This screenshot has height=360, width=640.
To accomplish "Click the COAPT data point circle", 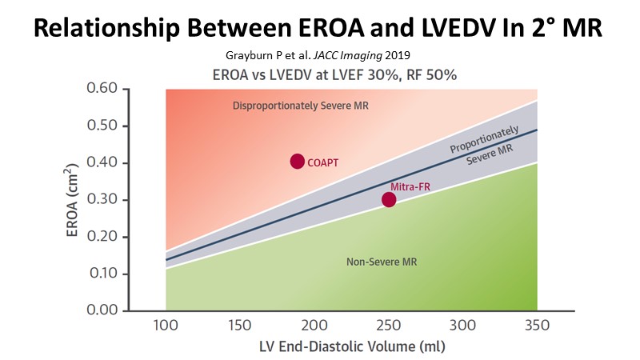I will click(297, 162).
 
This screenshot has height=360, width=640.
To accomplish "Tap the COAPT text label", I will click(323, 162).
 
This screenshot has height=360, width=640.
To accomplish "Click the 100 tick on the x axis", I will click(166, 326).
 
